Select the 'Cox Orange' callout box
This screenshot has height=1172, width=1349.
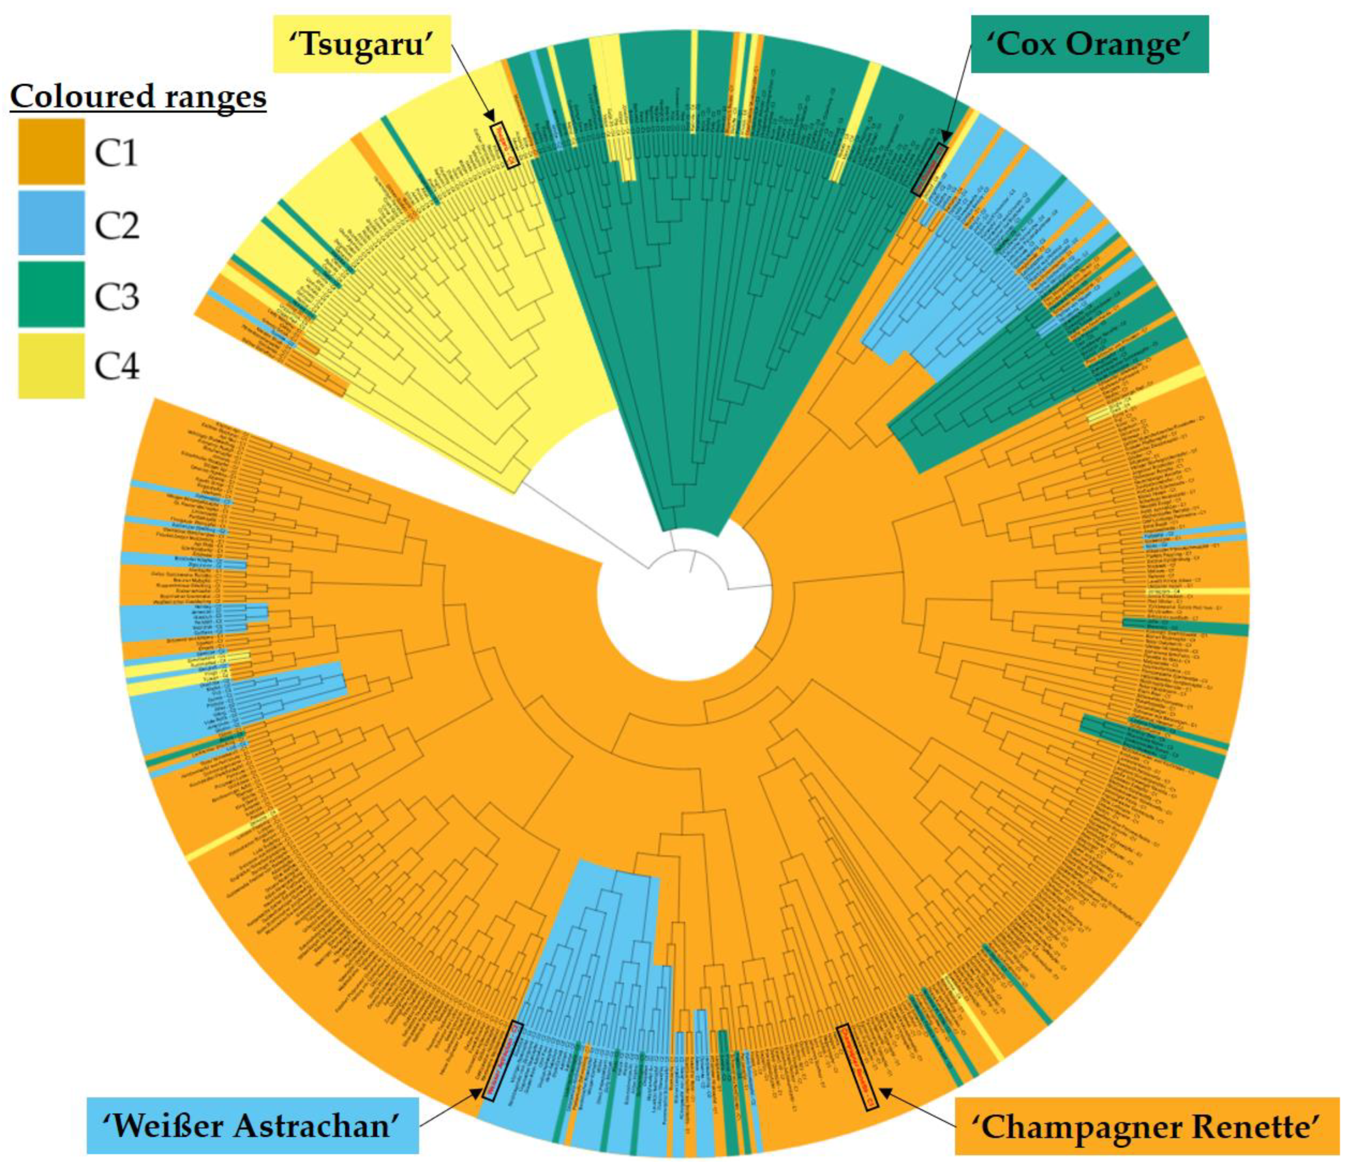click(1090, 45)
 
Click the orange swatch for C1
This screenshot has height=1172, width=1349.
click(51, 151)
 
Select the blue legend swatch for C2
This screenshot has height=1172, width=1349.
click(51, 223)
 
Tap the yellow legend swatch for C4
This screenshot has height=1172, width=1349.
click(51, 365)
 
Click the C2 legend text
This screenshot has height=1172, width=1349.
click(117, 225)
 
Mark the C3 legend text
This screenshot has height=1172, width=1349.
click(117, 296)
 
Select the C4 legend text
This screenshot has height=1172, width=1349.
click(117, 366)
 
